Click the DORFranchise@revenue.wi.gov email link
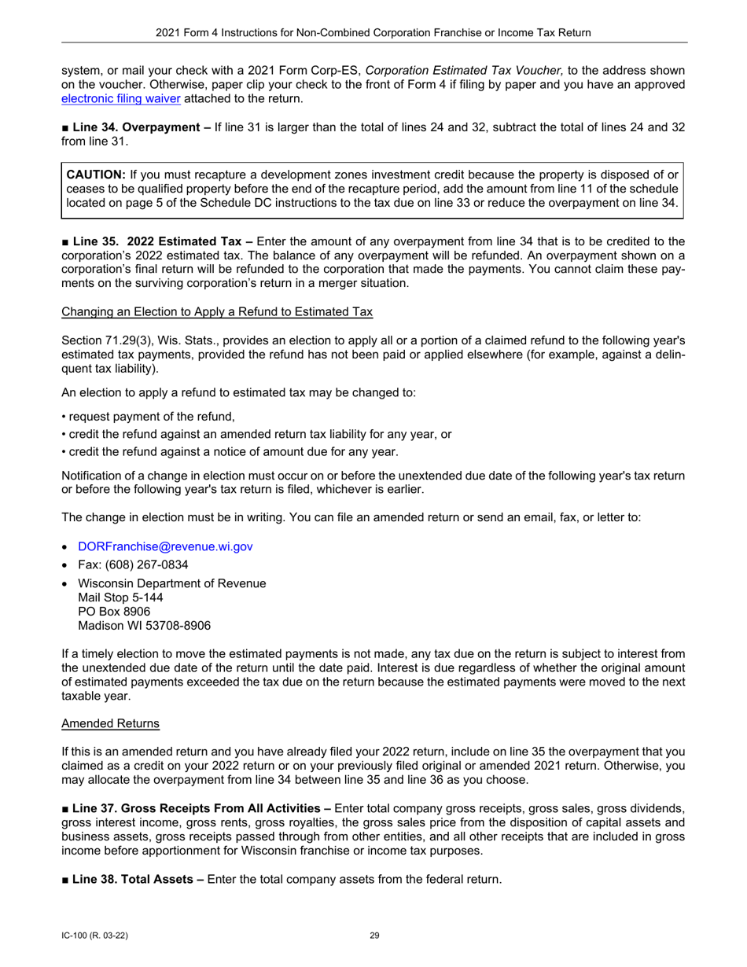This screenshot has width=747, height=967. pyautogui.click(x=165, y=546)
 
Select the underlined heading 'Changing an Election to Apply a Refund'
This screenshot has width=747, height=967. pyautogui.click(x=216, y=312)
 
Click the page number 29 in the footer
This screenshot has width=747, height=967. pyautogui.click(x=374, y=936)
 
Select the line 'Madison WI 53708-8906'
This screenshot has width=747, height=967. pyautogui.click(x=144, y=626)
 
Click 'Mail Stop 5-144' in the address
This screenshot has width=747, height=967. pyautogui.click(x=120, y=597)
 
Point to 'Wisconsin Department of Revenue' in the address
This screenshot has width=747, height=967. pyautogui.click(x=171, y=583)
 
